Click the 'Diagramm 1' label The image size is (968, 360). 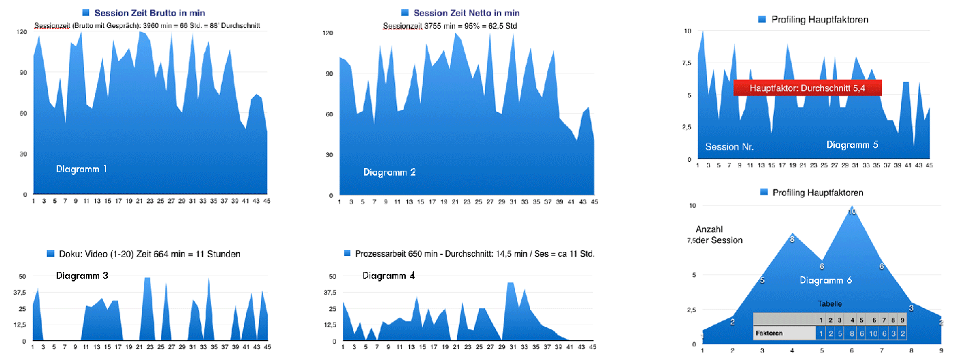[81, 169]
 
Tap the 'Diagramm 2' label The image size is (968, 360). [389, 171]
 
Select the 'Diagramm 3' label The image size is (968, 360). [82, 276]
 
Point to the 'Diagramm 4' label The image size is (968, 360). [389, 276]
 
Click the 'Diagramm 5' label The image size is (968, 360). [852, 145]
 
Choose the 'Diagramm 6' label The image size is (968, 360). [826, 280]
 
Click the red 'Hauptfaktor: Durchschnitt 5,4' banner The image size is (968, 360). [807, 88]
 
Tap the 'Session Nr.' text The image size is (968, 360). [730, 147]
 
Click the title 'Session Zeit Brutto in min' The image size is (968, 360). [150, 12]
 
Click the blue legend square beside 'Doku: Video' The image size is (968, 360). [51, 253]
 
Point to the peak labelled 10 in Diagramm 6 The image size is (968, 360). [851, 212]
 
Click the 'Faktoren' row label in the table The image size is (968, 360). [769, 333]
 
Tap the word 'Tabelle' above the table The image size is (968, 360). [829, 304]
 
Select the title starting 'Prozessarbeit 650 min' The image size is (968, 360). [475, 253]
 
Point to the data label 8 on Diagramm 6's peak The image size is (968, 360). [792, 239]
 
